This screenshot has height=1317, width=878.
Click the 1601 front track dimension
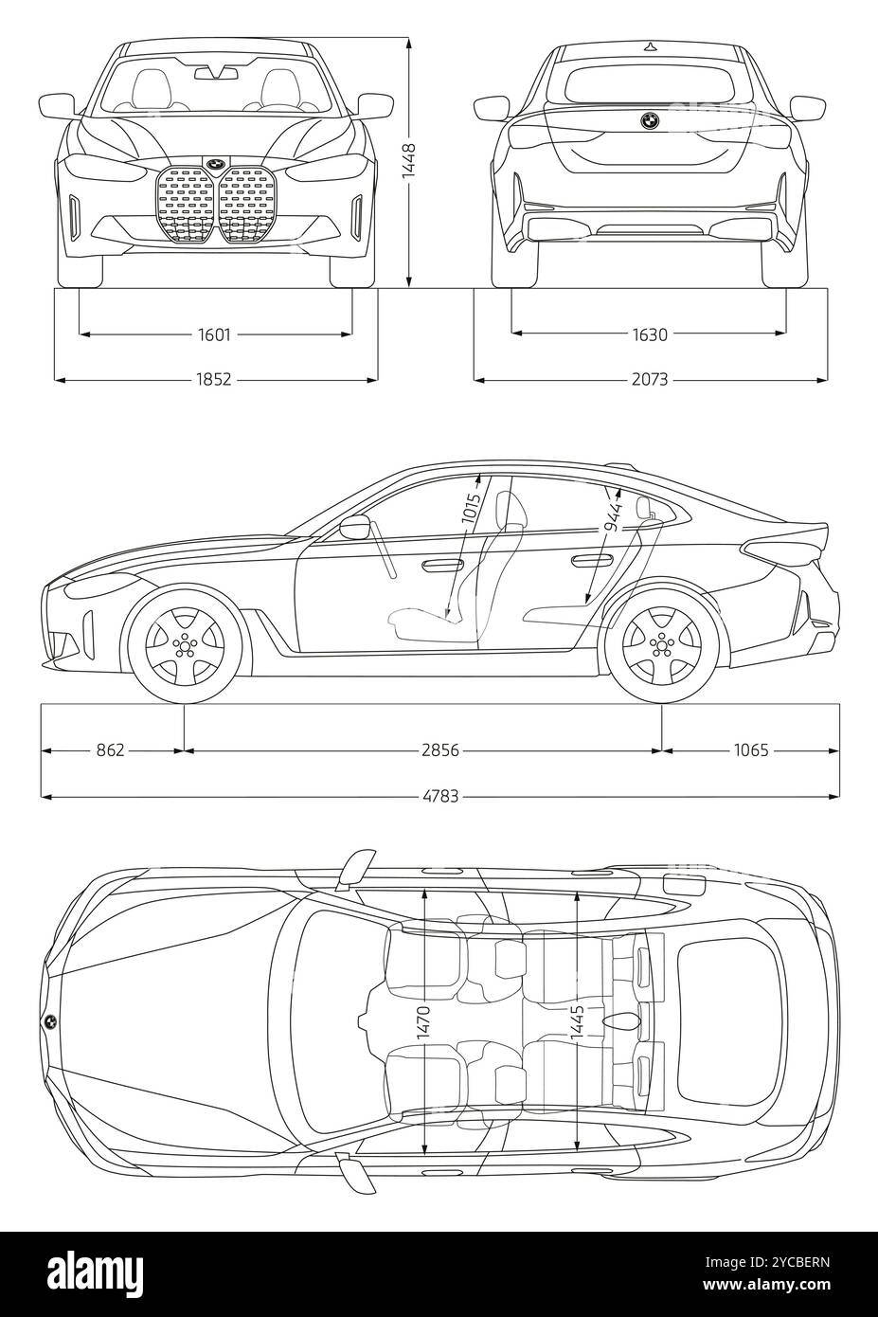tap(215, 334)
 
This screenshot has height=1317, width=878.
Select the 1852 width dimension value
tap(215, 379)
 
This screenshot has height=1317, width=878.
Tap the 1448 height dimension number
tap(408, 160)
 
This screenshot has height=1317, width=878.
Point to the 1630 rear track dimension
tap(649, 334)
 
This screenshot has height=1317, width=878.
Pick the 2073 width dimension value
tap(649, 379)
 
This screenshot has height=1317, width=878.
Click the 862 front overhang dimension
tap(111, 750)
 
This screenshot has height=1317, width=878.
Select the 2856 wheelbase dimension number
tap(440, 750)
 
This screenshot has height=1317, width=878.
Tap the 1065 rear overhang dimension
tap(750, 750)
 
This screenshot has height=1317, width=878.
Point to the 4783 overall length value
tap(440, 796)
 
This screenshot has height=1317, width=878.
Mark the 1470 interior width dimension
tap(423, 1024)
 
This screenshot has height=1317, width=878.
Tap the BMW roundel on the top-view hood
tap(49, 1021)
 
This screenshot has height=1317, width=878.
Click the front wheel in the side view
tap(179, 643)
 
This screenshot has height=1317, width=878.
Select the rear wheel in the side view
tap(659, 643)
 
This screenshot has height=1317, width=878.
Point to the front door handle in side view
tap(442, 566)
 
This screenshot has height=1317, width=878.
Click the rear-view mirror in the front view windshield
tap(215, 72)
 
